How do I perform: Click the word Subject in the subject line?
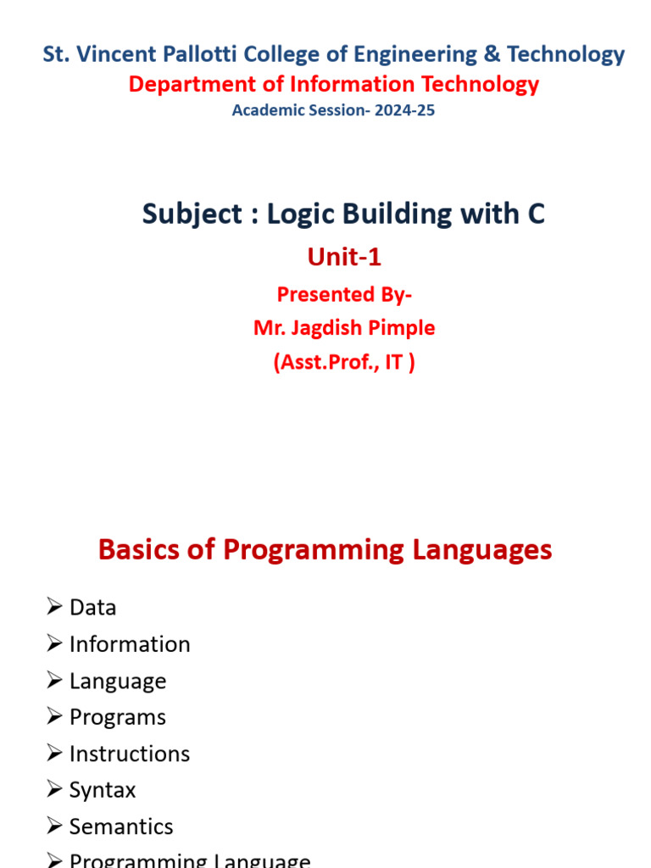coord(192,214)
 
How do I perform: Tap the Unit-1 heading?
coord(343,258)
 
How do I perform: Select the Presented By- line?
coord(344,294)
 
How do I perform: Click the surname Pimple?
coord(398,328)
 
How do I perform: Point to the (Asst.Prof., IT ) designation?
coord(344,363)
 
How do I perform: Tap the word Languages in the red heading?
coord(482,549)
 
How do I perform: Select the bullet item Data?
coord(92,608)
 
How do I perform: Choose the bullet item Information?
coord(130,644)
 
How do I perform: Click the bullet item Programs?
coord(117,717)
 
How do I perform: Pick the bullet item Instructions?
coord(130,754)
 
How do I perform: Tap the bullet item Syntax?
coord(102,790)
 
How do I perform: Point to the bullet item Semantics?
coord(121,826)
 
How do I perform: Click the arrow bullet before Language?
coord(55,681)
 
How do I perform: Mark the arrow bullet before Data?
coord(55,607)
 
